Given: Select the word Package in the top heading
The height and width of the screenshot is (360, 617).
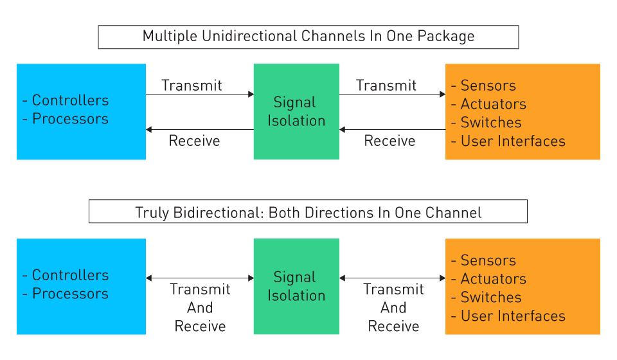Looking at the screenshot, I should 445,36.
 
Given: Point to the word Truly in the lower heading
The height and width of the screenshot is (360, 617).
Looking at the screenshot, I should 152,212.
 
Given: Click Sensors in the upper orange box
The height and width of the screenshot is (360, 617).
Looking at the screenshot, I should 488,85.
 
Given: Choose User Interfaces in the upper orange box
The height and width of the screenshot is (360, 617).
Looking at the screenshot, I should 513,141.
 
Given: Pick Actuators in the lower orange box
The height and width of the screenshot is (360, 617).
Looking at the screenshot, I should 493,279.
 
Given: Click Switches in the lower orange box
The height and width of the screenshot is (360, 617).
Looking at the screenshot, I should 491,298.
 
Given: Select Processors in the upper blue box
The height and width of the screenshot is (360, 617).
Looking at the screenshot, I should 70,119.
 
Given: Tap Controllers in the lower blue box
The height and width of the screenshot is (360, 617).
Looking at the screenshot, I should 70,275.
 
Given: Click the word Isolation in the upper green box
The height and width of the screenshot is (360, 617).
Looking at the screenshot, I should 296,121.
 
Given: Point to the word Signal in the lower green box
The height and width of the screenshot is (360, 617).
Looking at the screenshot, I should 295,277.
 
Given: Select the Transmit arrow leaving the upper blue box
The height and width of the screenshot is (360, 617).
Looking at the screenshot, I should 200,94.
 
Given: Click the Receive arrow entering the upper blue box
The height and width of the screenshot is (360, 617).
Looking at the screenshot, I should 200,130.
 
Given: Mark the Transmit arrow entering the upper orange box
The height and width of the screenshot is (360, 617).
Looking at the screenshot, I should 392,94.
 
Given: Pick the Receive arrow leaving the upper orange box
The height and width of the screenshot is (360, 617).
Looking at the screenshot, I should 392,130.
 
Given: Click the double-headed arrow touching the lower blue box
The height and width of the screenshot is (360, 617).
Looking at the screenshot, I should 200,278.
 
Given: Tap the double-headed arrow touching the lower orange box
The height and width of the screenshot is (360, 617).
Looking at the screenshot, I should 392,278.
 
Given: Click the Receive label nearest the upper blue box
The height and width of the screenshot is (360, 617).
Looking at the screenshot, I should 194,141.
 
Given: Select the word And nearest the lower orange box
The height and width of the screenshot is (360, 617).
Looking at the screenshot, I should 393,308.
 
